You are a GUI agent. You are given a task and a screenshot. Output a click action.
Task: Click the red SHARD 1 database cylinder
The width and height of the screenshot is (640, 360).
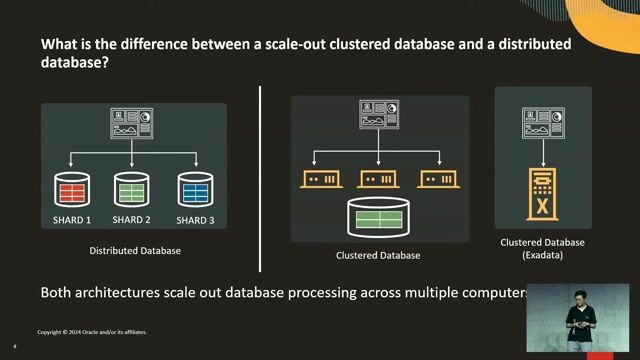click(x=72, y=189)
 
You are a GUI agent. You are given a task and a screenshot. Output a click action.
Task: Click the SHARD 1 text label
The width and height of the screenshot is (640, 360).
click(x=72, y=220)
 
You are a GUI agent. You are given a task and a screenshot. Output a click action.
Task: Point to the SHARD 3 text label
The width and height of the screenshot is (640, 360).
click(x=195, y=220)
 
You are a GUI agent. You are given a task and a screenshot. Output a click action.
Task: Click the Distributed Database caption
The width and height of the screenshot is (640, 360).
click(x=135, y=250)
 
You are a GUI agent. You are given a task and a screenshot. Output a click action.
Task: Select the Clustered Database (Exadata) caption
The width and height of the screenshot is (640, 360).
click(x=543, y=249)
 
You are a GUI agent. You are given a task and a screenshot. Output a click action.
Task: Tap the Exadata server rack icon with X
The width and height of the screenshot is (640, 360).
click(x=543, y=194)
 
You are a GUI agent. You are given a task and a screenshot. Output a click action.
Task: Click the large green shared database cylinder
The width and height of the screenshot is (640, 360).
click(x=379, y=215)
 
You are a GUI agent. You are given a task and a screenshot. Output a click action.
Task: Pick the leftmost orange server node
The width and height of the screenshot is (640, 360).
click(x=321, y=179)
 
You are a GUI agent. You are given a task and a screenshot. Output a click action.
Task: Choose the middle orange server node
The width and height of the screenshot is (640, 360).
click(x=379, y=179)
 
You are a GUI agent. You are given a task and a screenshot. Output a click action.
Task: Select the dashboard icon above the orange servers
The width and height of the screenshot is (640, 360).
click(x=379, y=116)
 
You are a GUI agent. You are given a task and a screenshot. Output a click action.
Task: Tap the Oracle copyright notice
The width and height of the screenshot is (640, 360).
click(x=92, y=331)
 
